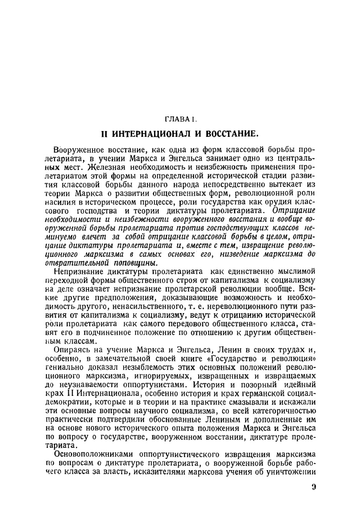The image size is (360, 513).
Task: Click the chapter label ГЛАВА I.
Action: point(180,119)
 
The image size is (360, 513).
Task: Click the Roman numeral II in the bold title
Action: point(104,134)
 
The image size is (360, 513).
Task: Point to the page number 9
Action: point(314,488)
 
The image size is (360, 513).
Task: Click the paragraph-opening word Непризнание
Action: point(76,271)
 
